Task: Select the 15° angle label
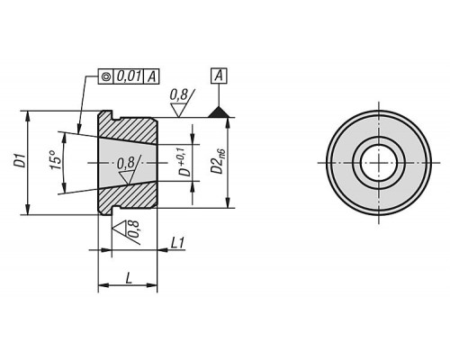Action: click(56, 159)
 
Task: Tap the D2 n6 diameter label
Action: click(218, 163)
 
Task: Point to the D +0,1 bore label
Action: click(185, 162)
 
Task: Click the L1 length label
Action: click(177, 243)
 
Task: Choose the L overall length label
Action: click(129, 278)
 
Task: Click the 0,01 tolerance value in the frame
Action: click(129, 76)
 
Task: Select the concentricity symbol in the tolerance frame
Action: click(105, 76)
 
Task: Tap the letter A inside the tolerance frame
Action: click(152, 76)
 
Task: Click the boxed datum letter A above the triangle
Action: click(219, 76)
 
